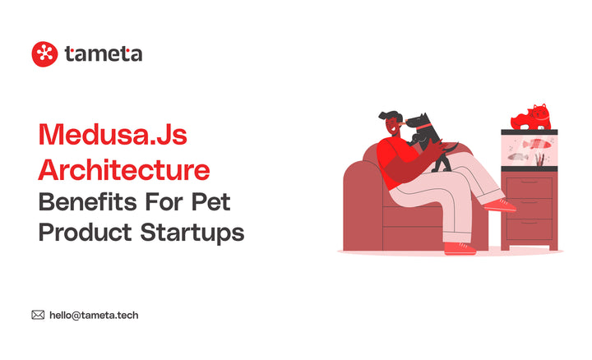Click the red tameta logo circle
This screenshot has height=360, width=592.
pyautogui.click(x=44, y=54)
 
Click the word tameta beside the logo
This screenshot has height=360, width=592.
pyautogui.click(x=103, y=54)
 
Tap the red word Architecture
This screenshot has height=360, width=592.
pyautogui.click(x=124, y=168)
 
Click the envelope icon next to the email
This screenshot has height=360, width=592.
pyautogui.click(x=38, y=314)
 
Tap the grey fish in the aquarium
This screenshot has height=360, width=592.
pyautogui.click(x=518, y=155)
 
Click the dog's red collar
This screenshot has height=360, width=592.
pyautogui.click(x=423, y=127)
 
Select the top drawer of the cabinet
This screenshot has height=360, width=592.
pyautogui.click(x=530, y=187)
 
